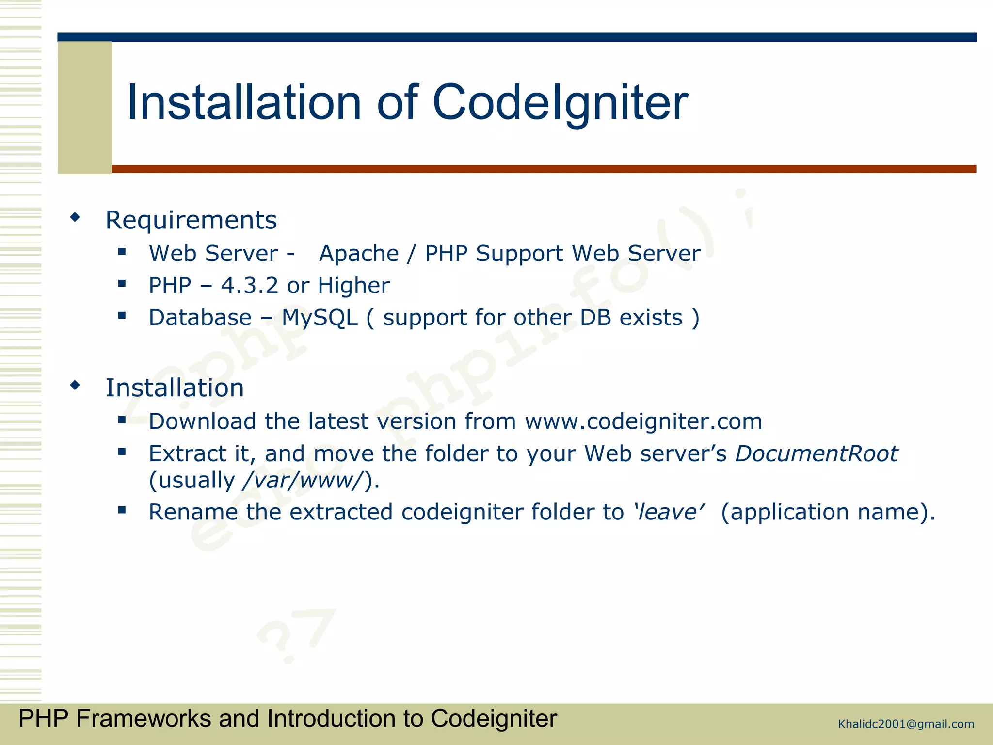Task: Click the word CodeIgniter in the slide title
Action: pos(560,103)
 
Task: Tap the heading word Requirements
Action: pos(191,220)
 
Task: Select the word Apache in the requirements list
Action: pos(359,254)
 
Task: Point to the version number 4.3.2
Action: pos(249,286)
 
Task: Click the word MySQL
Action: pos(320,318)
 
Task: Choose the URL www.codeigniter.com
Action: pos(643,421)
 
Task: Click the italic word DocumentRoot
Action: pos(817,454)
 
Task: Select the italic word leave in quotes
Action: pos(668,512)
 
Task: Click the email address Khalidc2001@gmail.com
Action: pos(906,724)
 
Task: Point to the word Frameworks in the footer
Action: pos(144,718)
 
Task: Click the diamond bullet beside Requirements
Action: pos(75,217)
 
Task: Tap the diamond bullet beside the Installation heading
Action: pos(75,386)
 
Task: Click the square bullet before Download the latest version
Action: pos(122,420)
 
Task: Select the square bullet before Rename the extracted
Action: pos(122,510)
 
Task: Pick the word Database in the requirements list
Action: pos(200,318)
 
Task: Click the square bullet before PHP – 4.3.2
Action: pos(122,284)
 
